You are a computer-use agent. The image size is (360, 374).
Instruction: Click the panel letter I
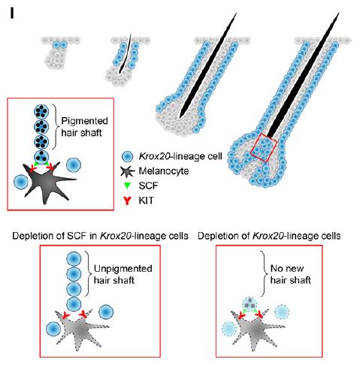(12, 14)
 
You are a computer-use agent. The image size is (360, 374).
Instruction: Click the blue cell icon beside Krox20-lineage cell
(128, 156)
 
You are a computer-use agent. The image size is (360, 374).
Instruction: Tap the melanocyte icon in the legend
(128, 171)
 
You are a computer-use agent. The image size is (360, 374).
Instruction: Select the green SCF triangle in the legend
(128, 185)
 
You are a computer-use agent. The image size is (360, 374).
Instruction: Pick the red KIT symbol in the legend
(128, 201)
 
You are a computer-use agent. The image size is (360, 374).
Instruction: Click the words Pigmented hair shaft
(84, 127)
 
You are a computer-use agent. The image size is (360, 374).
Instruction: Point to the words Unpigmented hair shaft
(123, 274)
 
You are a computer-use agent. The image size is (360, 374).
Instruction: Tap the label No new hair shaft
(291, 274)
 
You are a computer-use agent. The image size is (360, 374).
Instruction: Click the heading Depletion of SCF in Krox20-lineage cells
(100, 236)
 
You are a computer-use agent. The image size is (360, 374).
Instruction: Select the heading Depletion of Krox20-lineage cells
(269, 236)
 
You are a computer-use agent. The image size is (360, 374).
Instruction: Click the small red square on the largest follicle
(264, 148)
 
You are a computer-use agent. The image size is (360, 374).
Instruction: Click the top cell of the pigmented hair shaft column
(41, 111)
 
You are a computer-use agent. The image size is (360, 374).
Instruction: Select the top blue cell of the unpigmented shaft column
(74, 259)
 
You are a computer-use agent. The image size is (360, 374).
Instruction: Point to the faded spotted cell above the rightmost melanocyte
(250, 304)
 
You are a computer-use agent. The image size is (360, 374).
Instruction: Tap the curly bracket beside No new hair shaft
(264, 274)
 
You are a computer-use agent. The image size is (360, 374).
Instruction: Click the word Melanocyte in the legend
(164, 171)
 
